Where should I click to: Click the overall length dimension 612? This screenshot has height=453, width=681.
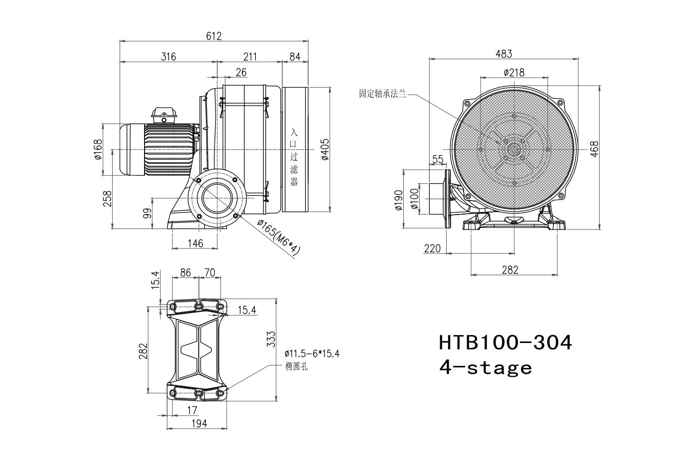(x=214, y=36)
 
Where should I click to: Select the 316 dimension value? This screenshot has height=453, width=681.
(x=169, y=57)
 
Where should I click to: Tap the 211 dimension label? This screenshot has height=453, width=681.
(x=250, y=57)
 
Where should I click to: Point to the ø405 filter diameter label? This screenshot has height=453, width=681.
(x=325, y=149)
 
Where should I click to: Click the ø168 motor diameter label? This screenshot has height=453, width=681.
(x=98, y=149)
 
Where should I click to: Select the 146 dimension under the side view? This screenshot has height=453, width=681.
(x=195, y=243)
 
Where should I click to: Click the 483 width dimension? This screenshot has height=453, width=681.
(x=504, y=54)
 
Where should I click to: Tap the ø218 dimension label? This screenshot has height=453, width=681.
(x=514, y=73)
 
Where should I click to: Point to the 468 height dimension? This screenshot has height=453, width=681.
(x=594, y=149)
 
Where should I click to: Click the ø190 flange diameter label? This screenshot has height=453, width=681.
(x=398, y=200)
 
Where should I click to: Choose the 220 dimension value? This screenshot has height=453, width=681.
(x=432, y=249)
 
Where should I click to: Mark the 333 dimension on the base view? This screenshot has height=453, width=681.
(x=271, y=339)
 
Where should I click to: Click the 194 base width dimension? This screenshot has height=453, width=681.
(x=199, y=424)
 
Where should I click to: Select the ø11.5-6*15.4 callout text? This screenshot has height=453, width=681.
(x=312, y=354)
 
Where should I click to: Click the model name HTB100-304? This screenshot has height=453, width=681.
(x=506, y=342)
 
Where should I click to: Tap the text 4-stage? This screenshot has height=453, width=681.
(x=486, y=368)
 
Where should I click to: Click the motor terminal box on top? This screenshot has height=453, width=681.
(x=164, y=115)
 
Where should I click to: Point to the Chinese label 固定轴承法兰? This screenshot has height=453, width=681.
(x=382, y=94)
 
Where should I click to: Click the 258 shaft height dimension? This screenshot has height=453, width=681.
(x=107, y=199)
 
